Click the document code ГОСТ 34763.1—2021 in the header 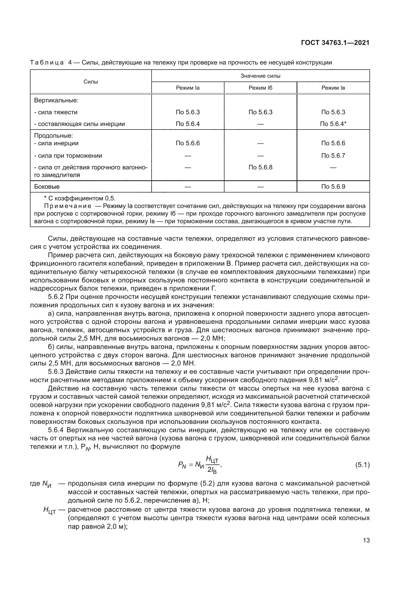point(335,43)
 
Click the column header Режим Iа point(188,88)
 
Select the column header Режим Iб point(261,88)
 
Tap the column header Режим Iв point(333,88)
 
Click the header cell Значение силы point(261,76)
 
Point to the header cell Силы point(91,82)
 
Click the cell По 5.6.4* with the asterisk point(333,124)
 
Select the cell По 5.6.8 point(261,167)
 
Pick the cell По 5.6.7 point(333,155)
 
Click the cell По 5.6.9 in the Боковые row point(333,187)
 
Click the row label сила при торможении point(68,156)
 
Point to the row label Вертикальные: point(56,100)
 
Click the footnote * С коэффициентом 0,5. point(80,198)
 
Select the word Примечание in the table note point(68,206)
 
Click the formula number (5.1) point(362,465)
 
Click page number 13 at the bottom point(366,540)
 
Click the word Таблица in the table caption point(47,63)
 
